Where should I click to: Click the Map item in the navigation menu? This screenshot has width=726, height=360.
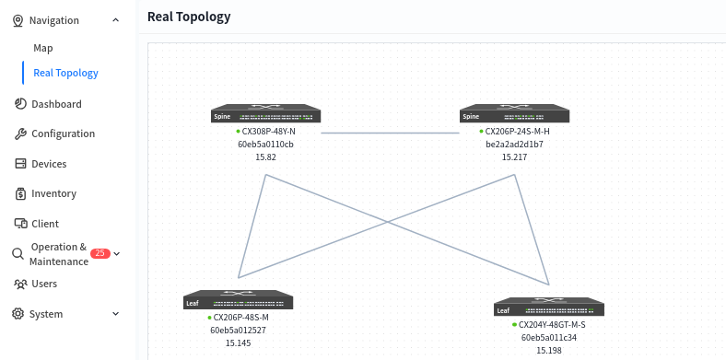tap(43, 48)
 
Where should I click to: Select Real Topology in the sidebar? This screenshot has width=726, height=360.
tap(65, 73)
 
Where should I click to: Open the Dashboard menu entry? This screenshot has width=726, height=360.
tap(56, 104)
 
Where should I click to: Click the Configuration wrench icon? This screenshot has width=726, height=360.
tap(20, 134)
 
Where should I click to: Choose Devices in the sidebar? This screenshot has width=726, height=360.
tap(49, 164)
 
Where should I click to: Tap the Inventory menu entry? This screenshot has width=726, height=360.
tap(53, 193)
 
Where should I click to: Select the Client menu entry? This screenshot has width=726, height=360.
tap(45, 224)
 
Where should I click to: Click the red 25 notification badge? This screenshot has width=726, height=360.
tap(100, 253)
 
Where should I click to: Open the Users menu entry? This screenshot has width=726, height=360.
tap(44, 284)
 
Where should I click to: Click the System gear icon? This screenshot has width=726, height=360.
tap(18, 314)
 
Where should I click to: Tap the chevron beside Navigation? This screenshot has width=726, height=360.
tap(116, 20)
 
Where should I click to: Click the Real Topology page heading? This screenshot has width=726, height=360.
tap(189, 17)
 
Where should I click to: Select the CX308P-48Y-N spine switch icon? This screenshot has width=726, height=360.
tap(265, 113)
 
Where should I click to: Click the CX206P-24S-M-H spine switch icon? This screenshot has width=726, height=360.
tap(514, 113)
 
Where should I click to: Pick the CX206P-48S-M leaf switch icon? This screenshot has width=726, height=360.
tap(238, 300)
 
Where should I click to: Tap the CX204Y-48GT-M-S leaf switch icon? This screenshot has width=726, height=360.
tap(549, 307)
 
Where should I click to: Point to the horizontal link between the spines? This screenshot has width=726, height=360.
tap(391, 133)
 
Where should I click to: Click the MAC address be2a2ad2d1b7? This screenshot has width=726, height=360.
tap(514, 145)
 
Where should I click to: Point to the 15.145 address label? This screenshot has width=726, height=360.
tap(238, 343)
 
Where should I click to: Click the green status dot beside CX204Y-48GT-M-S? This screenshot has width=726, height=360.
tap(514, 325)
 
